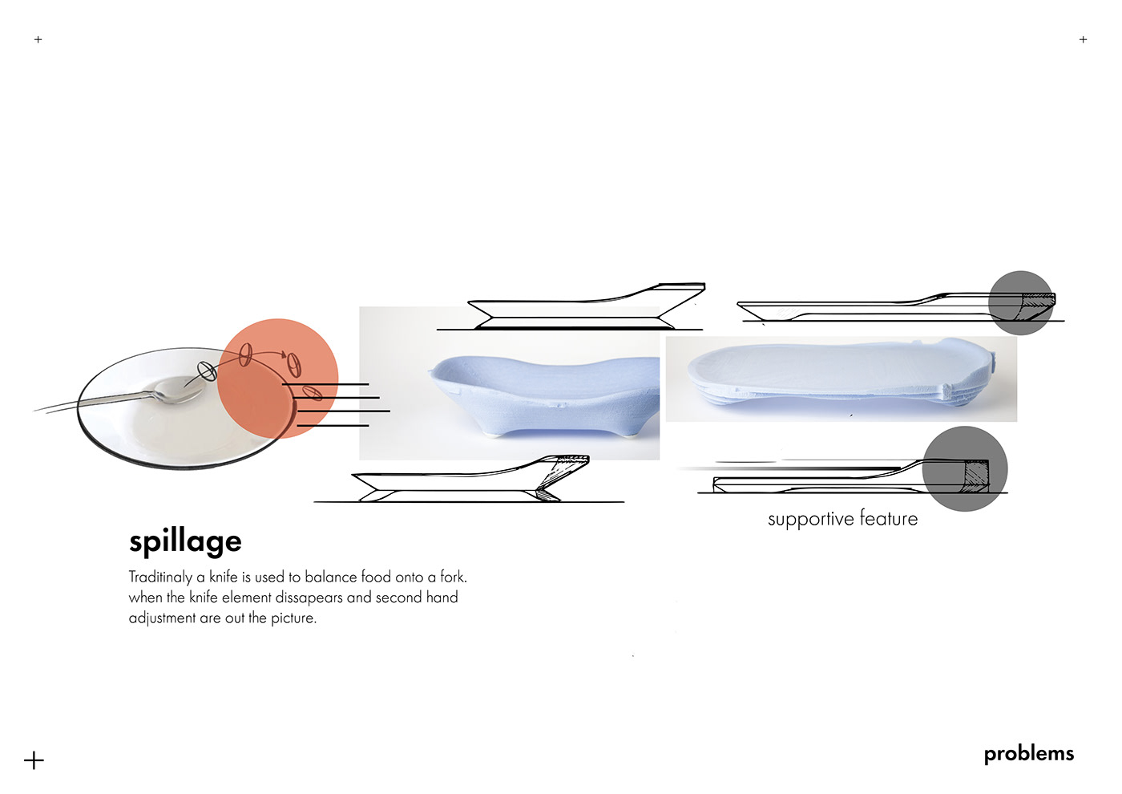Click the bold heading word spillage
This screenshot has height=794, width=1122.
click(185, 542)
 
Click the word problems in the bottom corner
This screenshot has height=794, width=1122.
click(1028, 754)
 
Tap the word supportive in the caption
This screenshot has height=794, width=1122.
click(810, 520)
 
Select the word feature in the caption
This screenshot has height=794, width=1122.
click(889, 519)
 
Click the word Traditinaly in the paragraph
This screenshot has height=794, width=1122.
click(160, 577)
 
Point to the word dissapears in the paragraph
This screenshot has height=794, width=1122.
click(309, 598)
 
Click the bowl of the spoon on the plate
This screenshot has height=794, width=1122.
click(171, 391)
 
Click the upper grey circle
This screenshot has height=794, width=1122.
click(1019, 302)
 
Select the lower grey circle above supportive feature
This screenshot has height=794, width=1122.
click(964, 468)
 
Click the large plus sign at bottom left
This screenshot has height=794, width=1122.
click(34, 760)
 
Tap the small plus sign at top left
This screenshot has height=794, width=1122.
click(38, 39)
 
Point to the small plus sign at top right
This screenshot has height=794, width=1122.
click(1083, 39)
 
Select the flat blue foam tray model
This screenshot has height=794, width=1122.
click(833, 373)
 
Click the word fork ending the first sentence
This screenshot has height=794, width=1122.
click(453, 577)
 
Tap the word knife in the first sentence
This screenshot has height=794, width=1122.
click(224, 577)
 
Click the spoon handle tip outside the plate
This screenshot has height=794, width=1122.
click(40, 409)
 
